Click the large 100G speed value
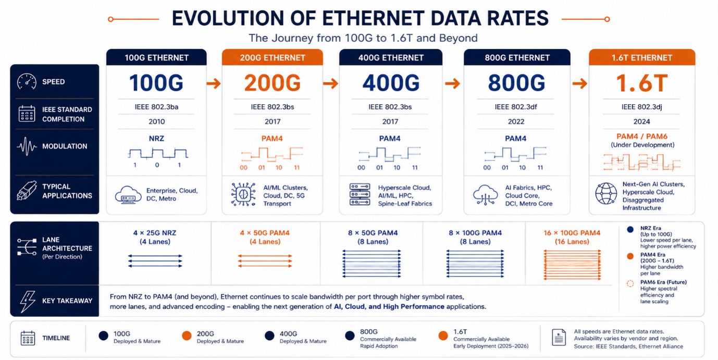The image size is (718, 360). [x=156, y=83]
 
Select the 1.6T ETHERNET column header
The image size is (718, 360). [x=642, y=57]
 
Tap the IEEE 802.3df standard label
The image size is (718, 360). [x=516, y=107]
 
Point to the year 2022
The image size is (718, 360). [x=516, y=121]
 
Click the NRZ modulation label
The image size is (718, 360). [x=156, y=139]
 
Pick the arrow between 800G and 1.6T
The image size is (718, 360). [x=579, y=84]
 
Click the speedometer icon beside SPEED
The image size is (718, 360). [x=27, y=81]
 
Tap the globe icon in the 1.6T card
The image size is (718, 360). [x=606, y=193]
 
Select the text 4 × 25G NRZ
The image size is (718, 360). [x=155, y=233]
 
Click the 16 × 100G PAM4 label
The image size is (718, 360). [x=572, y=233]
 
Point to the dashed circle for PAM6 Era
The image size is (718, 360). [x=630, y=284]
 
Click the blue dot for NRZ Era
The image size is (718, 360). [x=630, y=230]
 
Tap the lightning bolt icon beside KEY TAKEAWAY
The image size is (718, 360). [x=28, y=301]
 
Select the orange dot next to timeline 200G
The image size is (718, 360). [x=187, y=336]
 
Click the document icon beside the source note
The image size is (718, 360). [x=559, y=337]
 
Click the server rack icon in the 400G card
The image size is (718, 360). [x=360, y=194]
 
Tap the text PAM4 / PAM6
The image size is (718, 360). [x=642, y=136]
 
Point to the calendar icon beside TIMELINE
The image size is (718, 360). [x=28, y=338]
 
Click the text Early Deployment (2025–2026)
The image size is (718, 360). [x=491, y=346]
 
